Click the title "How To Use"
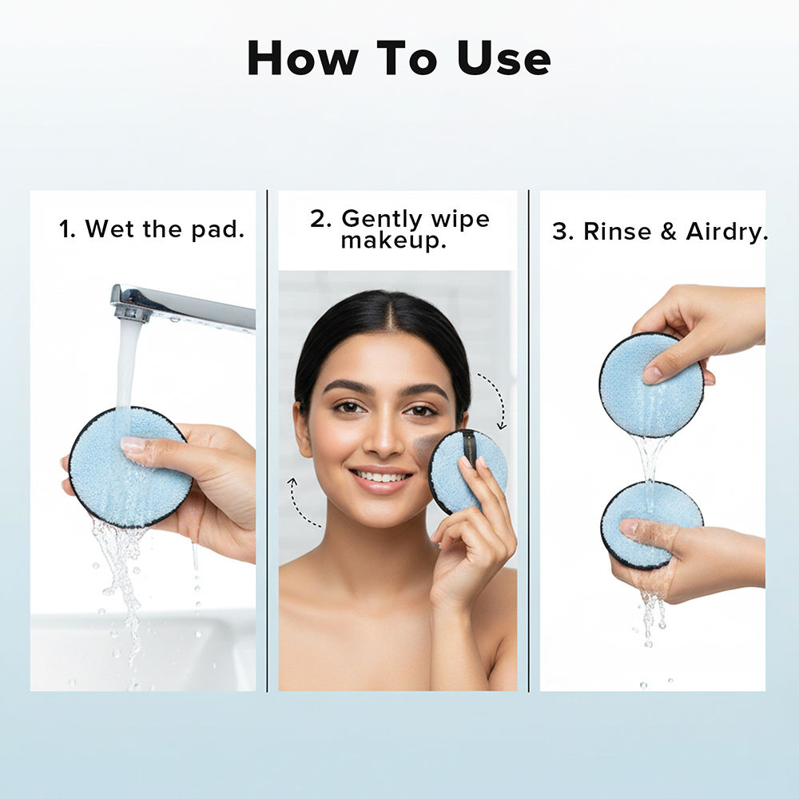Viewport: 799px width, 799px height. click(x=399, y=58)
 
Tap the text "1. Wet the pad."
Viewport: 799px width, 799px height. click(x=152, y=229)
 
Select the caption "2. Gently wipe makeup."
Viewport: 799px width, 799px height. click(x=399, y=229)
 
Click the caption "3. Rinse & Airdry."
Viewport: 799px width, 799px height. click(x=660, y=232)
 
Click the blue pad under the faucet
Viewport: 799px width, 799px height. click(x=129, y=467)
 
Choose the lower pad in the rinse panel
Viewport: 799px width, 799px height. click(x=651, y=523)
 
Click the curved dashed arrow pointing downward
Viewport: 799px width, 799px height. click(x=495, y=399)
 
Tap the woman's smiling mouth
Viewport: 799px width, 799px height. click(x=382, y=479)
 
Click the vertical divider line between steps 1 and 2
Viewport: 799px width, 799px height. click(x=267, y=439)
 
